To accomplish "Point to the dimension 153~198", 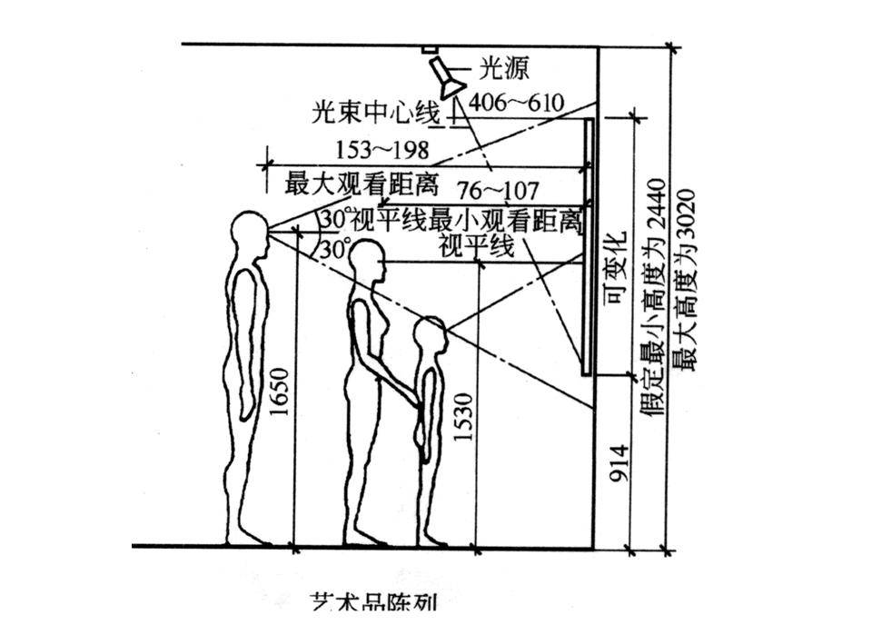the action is point(382,148).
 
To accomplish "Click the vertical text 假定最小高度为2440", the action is point(657,300).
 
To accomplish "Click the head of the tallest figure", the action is point(246,233).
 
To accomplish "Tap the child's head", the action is point(431,336).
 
